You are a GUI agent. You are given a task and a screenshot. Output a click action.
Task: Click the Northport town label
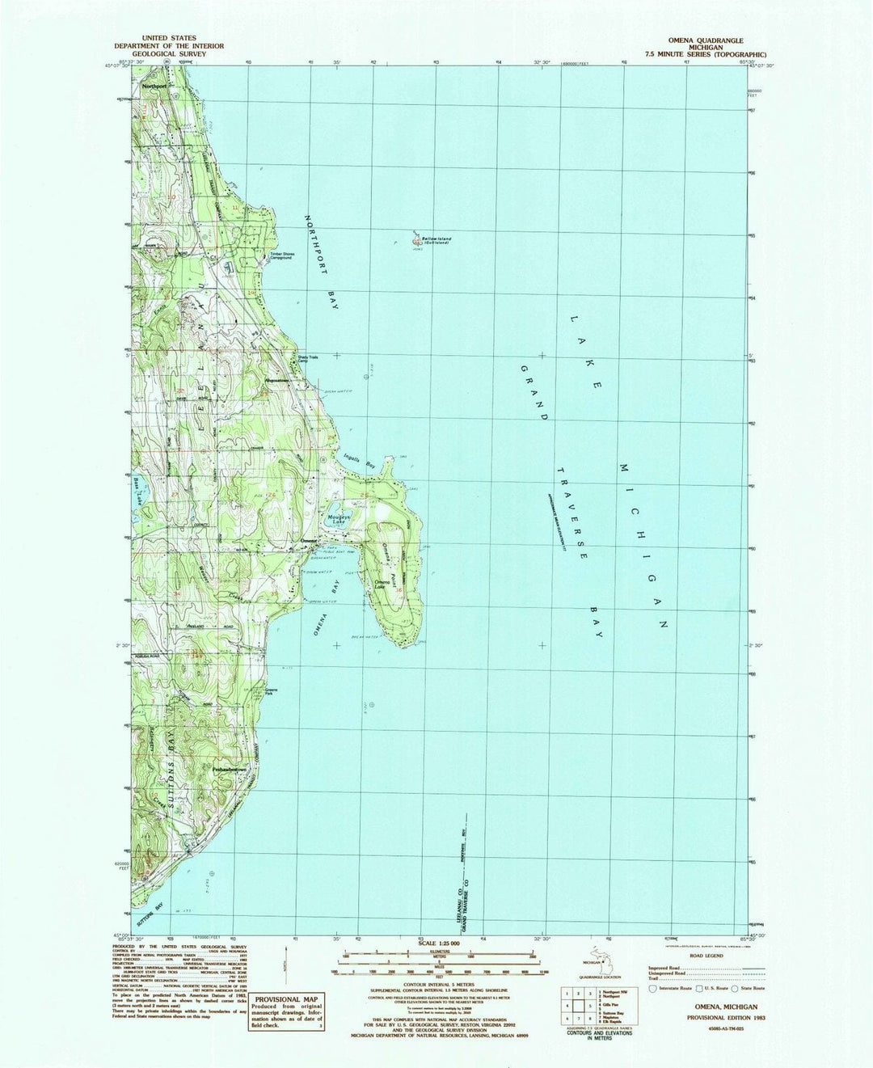click(153, 85)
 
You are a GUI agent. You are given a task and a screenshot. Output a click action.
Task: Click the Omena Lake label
click(383, 584)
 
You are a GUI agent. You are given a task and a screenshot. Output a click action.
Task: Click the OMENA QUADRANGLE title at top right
click(704, 39)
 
